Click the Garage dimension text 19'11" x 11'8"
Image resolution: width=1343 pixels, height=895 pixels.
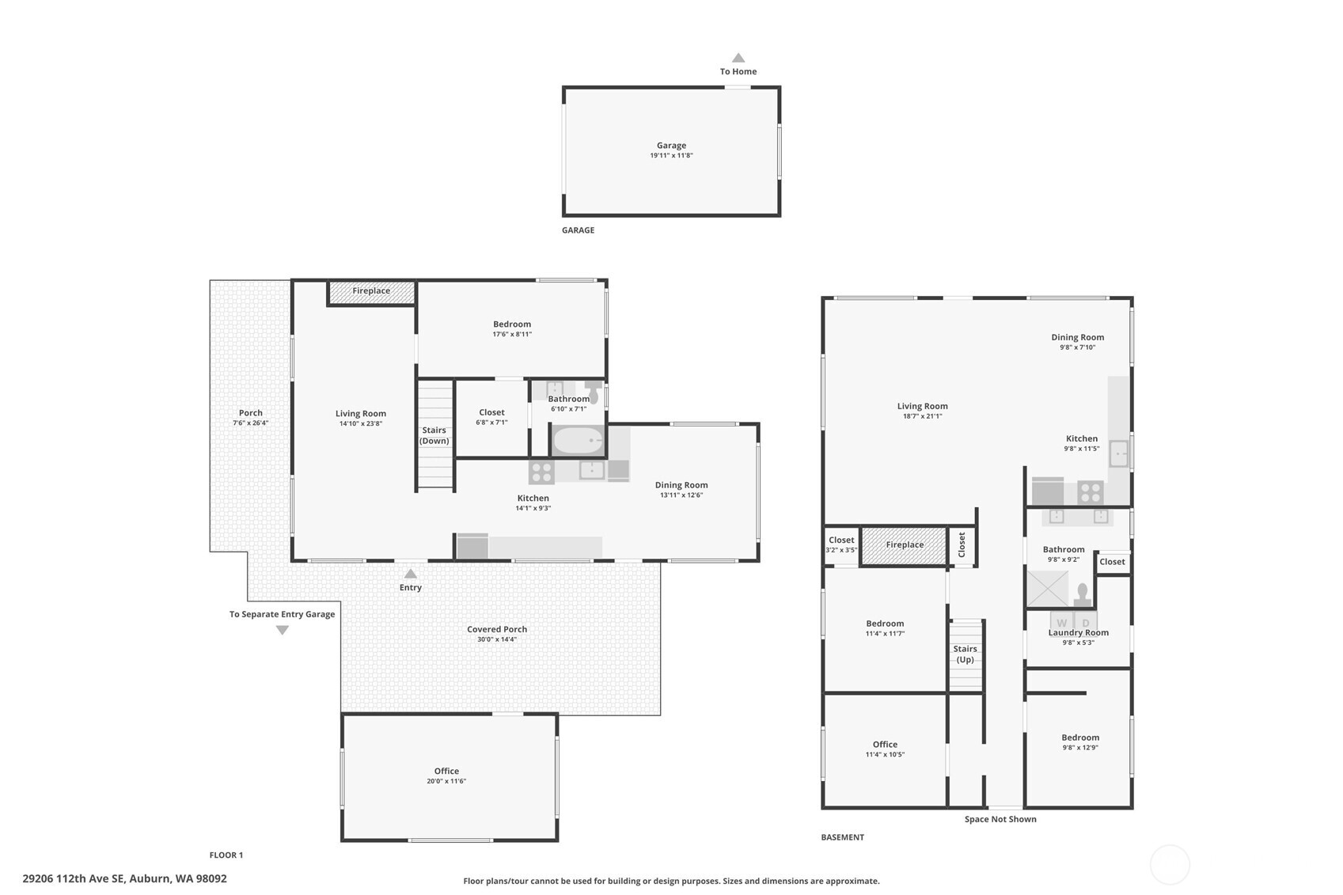pos(671,155)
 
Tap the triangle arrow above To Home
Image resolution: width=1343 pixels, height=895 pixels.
pos(738,58)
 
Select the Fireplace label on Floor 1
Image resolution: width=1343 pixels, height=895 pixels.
pos(371,290)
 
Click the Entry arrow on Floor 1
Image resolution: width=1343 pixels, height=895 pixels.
pos(410,574)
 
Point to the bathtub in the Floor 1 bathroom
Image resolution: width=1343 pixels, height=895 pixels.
pos(578,441)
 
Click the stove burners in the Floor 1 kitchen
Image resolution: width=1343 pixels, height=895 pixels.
pos(541,472)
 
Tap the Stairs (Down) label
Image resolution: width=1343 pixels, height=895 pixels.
pos(434,435)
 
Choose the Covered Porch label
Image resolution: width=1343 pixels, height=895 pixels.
pos(497,629)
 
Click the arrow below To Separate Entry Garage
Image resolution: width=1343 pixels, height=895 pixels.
pos(282,630)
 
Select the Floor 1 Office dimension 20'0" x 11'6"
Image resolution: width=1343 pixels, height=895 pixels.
pos(446,781)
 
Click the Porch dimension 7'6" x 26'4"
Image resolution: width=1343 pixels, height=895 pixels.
pos(251,423)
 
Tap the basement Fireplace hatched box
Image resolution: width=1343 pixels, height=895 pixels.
pos(904,545)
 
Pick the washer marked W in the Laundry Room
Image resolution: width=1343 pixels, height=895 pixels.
pos(1061,621)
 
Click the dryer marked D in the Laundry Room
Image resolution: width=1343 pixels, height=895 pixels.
pos(1086,621)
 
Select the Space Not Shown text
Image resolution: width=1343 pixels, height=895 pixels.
pos(1000,819)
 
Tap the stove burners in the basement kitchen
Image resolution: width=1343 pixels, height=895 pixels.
pos(1090,493)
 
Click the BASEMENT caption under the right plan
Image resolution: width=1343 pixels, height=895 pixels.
pos(842,837)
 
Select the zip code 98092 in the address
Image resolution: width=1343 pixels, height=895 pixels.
pos(211,879)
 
